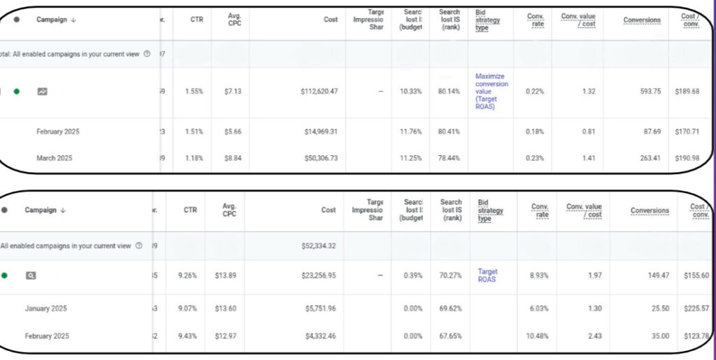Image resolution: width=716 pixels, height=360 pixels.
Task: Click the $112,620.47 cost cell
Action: (x=314, y=91)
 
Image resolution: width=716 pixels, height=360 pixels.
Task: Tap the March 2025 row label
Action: (x=54, y=158)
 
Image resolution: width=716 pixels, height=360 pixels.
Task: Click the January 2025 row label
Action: (x=46, y=308)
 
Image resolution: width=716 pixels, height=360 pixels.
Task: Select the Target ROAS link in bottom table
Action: (x=488, y=275)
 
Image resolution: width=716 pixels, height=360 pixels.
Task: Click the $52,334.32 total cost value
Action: (x=316, y=246)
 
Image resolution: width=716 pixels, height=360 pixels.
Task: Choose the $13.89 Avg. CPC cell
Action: (x=227, y=275)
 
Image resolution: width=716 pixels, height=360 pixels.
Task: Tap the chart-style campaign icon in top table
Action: (x=43, y=91)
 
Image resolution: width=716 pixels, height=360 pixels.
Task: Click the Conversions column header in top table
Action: (x=642, y=20)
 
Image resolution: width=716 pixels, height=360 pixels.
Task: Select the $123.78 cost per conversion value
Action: (x=694, y=336)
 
